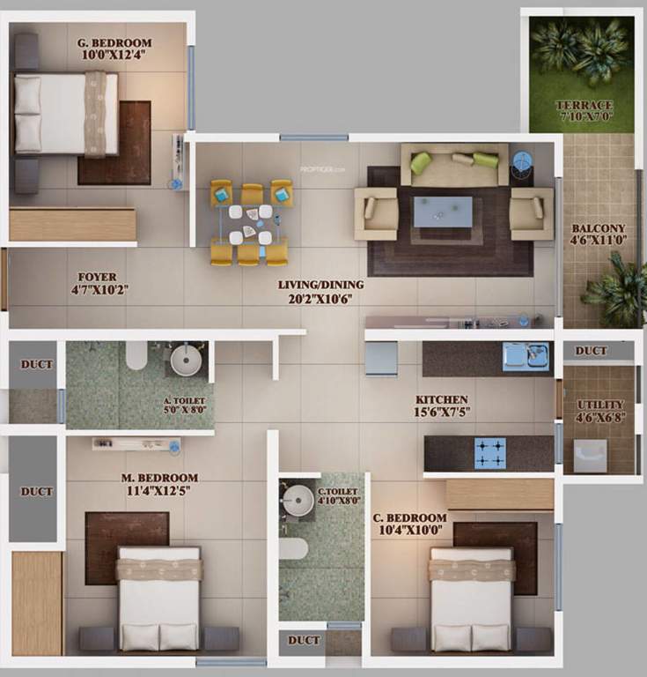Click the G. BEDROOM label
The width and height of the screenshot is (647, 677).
pyautogui.click(x=115, y=42)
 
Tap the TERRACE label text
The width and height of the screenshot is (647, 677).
pyautogui.click(x=585, y=105)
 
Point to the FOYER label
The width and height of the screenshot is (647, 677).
pyautogui.click(x=97, y=276)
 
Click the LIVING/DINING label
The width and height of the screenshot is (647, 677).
pyautogui.click(x=320, y=285)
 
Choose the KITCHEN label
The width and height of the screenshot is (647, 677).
pyautogui.click(x=441, y=399)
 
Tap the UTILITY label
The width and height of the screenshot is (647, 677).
pyautogui.click(x=601, y=405)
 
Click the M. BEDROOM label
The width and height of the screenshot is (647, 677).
pyautogui.click(x=160, y=478)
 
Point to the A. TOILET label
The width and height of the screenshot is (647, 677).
pyautogui.click(x=184, y=400)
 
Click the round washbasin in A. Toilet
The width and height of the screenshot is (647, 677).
pyautogui.click(x=187, y=361)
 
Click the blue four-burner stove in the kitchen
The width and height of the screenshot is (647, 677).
pyautogui.click(x=490, y=452)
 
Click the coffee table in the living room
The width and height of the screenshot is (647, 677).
pyautogui.click(x=443, y=212)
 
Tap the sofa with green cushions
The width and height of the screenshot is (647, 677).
pyautogui.click(x=454, y=163)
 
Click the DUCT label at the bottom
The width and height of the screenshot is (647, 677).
pyautogui.click(x=304, y=640)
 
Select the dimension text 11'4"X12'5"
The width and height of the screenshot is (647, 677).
pyautogui.click(x=160, y=491)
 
